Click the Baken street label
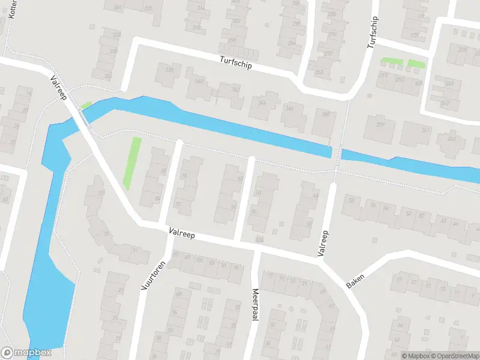point(355,278)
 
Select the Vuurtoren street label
point(152,274)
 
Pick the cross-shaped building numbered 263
point(451,142)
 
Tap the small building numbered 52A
point(260,239)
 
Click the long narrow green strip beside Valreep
point(133,162)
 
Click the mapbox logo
point(26,353)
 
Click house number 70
point(178,205)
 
